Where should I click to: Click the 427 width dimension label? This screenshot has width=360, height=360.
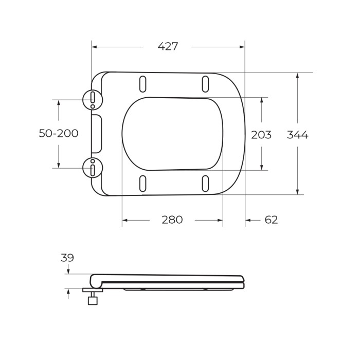coord(168,46)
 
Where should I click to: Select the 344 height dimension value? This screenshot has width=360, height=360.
coord(297,135)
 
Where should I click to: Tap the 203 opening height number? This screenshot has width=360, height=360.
coord(261,135)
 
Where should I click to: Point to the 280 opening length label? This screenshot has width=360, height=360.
coord(172,220)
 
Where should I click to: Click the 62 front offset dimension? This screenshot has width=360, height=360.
coord(271,220)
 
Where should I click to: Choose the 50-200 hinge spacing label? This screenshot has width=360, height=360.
coord(59,133)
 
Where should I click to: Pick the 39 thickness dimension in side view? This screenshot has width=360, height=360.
coord(67,258)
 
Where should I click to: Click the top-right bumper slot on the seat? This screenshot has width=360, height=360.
coord(205,84)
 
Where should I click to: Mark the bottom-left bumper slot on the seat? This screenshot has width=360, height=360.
coord(143,183)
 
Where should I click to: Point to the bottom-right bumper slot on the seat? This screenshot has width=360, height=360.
coord(205,183)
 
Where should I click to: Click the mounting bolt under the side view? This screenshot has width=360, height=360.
coord(93,298)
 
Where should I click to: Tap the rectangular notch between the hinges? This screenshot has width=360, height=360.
coord(97,134)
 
